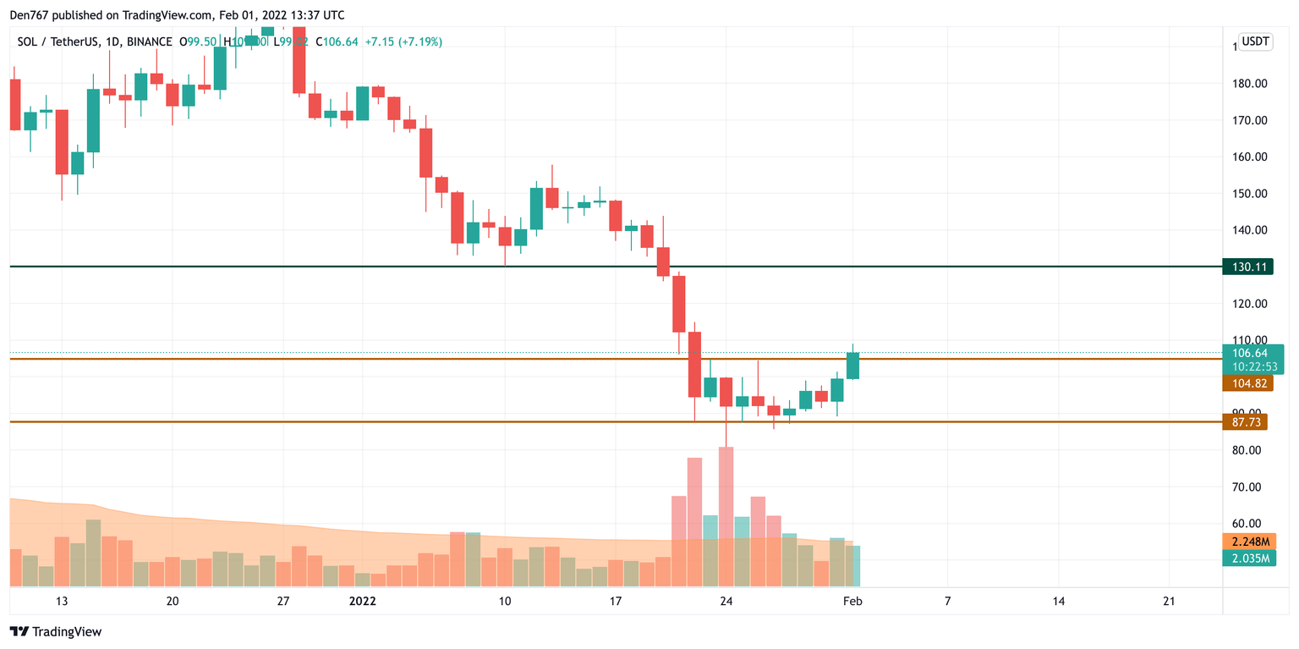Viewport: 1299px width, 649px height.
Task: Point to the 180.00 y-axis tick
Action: (x=1249, y=84)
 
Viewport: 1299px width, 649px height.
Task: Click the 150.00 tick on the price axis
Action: (x=1249, y=194)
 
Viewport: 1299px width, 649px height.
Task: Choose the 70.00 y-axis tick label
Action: (x=1249, y=487)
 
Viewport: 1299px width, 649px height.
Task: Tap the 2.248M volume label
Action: (x=1248, y=542)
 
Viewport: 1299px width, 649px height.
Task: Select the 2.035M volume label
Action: (x=1248, y=558)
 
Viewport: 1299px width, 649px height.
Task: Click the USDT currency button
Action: (x=1255, y=41)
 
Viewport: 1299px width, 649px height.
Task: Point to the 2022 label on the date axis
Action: (x=363, y=602)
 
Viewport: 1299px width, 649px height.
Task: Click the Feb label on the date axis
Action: (x=853, y=602)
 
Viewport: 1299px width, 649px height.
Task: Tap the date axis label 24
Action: (x=726, y=602)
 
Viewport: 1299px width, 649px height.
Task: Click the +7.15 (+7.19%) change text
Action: (x=403, y=41)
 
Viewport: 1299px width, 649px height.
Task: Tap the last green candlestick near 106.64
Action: (x=853, y=366)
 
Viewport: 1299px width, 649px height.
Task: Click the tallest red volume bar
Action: (x=726, y=516)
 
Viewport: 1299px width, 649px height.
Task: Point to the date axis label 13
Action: (x=61, y=602)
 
